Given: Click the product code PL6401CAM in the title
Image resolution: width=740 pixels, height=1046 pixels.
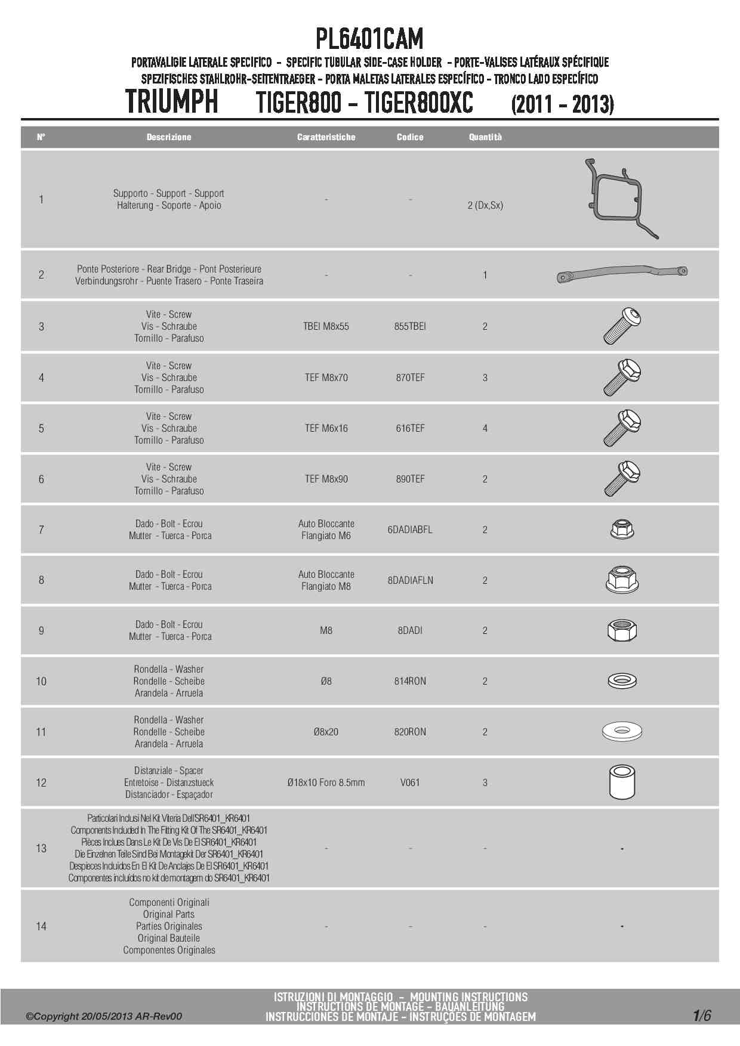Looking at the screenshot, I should coord(369,39).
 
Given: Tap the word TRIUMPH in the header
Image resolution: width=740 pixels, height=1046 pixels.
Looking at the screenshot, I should coord(172,102).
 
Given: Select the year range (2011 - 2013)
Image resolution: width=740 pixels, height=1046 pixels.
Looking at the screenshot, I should coord(562,104).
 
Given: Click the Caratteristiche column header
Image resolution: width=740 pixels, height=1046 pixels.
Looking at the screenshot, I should coord(326,137).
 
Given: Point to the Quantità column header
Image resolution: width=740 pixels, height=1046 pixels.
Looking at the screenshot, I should coord(485,137).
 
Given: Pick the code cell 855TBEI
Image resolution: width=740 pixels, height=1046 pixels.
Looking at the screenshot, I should coord(410,326).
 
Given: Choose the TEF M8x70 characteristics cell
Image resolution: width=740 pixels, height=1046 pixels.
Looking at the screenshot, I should coord(326,377).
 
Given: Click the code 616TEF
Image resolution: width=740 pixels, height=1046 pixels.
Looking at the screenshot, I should coord(410,428).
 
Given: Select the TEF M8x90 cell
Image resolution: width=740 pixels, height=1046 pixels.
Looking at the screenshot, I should coord(326,479).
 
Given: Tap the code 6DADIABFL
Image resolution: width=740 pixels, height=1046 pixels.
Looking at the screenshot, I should coord(410,530).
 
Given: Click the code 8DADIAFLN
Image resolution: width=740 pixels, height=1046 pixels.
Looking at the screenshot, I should coord(410,580).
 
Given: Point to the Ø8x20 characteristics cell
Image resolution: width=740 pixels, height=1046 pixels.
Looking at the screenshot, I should coord(326,732).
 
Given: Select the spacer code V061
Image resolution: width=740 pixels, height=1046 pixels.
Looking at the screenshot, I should coord(410,782).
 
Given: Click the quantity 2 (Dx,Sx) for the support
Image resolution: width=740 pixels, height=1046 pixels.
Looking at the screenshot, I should coord(485,205).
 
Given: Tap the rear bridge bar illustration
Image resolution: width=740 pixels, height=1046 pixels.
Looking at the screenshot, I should coord(622,274).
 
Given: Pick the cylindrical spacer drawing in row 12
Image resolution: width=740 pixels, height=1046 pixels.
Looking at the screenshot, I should coord(622,782).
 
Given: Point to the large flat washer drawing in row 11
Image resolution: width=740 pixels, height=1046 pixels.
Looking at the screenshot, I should coord(622,731).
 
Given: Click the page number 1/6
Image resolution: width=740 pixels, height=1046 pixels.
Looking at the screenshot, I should coord(702,1016).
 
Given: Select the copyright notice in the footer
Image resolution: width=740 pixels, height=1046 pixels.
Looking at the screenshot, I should coord(104,1016).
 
